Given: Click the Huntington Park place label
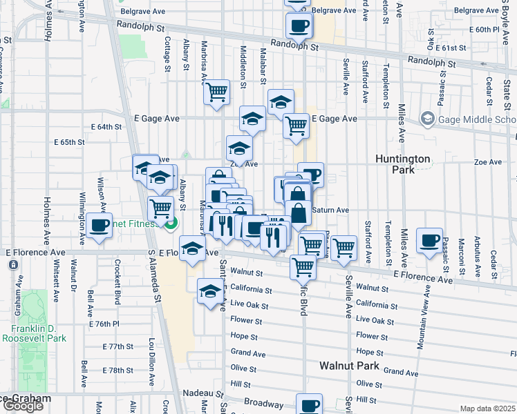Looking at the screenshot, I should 403,164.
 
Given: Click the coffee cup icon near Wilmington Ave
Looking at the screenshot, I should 100,225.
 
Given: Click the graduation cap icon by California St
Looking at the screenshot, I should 210,291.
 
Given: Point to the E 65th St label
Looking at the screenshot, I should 69,142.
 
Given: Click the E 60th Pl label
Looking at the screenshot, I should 484,30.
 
